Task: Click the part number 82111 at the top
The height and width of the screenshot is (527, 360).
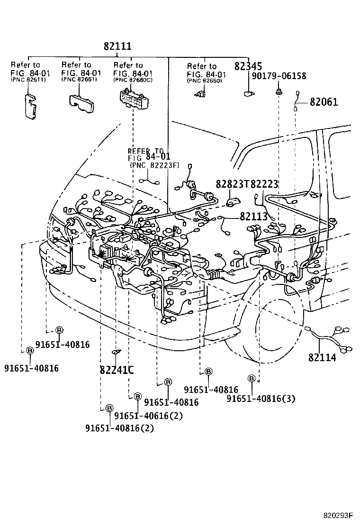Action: (x=117, y=46)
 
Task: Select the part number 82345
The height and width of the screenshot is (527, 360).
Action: (x=249, y=66)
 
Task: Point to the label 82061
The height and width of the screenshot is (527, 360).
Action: (x=324, y=101)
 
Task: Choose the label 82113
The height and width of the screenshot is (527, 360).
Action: (x=253, y=216)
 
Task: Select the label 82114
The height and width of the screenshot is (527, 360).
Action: (x=322, y=357)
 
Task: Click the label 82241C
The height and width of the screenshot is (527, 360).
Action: (x=117, y=370)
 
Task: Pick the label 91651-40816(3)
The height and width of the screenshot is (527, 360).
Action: (x=261, y=399)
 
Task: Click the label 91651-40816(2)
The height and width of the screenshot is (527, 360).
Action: (x=120, y=428)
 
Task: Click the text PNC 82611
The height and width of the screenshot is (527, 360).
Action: (x=26, y=80)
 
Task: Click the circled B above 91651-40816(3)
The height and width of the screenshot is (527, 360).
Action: (x=252, y=378)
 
